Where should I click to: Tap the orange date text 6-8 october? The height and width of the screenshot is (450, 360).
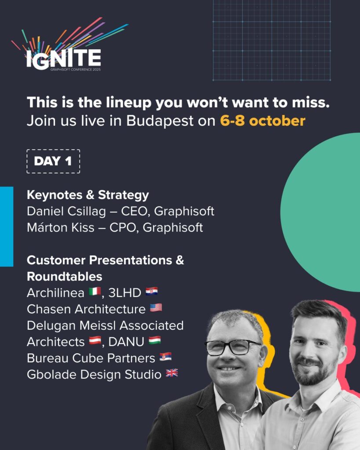262,121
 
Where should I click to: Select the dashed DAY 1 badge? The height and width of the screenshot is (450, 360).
53,161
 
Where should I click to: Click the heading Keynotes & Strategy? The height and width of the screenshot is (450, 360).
88,195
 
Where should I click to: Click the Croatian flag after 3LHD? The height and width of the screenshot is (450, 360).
151,291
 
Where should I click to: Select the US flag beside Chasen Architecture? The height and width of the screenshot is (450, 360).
156,308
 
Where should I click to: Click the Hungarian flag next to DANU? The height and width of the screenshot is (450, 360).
154,341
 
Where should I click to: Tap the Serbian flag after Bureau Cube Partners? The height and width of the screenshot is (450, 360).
165,357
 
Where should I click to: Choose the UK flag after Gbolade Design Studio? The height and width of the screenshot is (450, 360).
171,374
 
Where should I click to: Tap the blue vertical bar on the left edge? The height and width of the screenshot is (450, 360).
7,226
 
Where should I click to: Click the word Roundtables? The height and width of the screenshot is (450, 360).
65,276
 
